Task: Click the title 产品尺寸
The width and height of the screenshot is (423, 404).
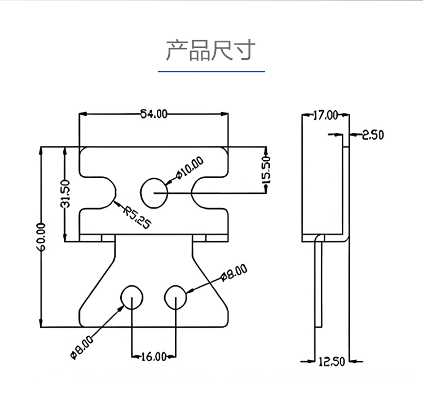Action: [210, 50]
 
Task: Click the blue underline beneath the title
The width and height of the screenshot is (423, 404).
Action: [211, 72]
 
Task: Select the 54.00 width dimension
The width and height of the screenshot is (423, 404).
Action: [154, 114]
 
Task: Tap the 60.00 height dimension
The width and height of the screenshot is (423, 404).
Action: [41, 237]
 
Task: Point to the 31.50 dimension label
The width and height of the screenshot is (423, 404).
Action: [65, 194]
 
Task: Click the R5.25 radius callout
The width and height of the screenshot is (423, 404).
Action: [138, 217]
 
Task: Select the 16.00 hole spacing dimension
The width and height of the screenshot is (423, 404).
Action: [153, 357]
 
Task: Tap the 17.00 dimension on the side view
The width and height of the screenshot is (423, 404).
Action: [325, 115]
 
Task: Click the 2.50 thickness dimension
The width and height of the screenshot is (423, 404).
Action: [372, 134]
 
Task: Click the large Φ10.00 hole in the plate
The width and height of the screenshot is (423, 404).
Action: [154, 193]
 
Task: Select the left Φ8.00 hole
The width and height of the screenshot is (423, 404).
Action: [132, 297]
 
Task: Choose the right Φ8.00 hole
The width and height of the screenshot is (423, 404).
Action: [176, 297]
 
